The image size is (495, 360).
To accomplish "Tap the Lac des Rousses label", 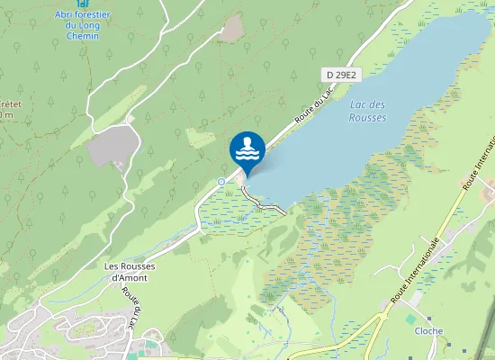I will (367, 112).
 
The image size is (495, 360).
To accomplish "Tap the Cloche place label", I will (427, 331).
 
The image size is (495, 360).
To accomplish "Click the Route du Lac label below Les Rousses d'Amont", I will (133, 309).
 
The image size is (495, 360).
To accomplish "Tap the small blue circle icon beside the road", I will (221, 182).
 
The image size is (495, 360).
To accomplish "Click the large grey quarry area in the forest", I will (112, 145).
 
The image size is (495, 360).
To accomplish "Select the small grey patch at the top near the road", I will (231, 30).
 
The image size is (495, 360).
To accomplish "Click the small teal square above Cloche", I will (410, 319).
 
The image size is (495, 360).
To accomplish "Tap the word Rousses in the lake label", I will (367, 118).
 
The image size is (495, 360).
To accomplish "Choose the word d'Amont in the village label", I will (129, 277).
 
